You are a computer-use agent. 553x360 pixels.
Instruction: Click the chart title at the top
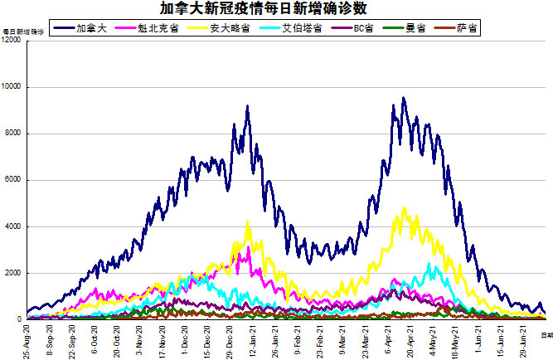click(275, 9)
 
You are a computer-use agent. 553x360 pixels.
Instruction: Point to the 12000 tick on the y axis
click(12, 41)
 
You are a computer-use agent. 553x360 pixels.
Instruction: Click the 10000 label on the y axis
click(12, 87)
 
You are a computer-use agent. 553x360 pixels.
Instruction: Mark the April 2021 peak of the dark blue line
click(403, 98)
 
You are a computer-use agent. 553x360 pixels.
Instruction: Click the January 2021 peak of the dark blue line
click(247, 106)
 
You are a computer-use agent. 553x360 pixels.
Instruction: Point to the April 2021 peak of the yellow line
click(404, 208)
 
